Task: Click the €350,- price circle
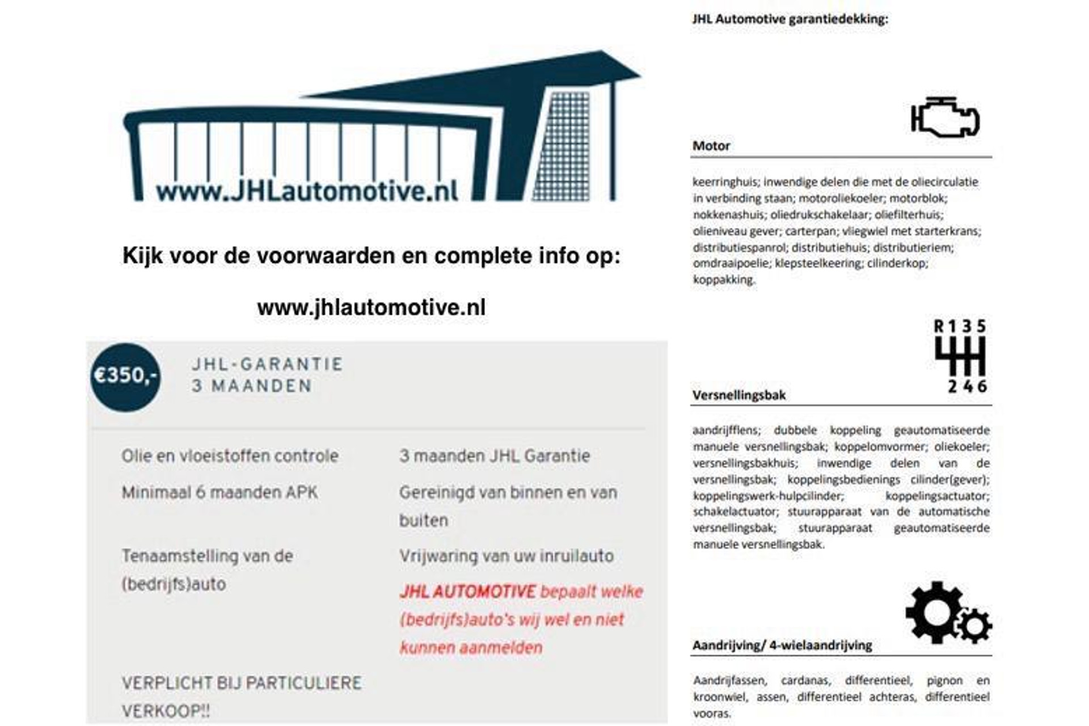click(125, 377)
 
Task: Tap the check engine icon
click(944, 118)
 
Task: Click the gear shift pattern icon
click(960, 356)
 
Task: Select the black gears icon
click(947, 613)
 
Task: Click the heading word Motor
click(711, 146)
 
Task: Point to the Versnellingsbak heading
click(738, 395)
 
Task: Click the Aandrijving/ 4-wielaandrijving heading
click(782, 645)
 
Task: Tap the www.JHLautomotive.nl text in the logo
click(307, 192)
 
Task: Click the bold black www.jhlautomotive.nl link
click(371, 307)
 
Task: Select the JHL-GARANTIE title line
click(267, 364)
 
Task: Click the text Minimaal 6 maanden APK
click(220, 492)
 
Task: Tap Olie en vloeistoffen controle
click(230, 456)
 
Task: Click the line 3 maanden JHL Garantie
click(494, 456)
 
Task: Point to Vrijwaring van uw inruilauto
click(506, 556)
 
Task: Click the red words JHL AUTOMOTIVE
click(467, 592)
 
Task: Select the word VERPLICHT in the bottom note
click(167, 683)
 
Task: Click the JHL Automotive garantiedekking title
click(790, 19)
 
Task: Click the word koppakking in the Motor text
click(723, 280)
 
